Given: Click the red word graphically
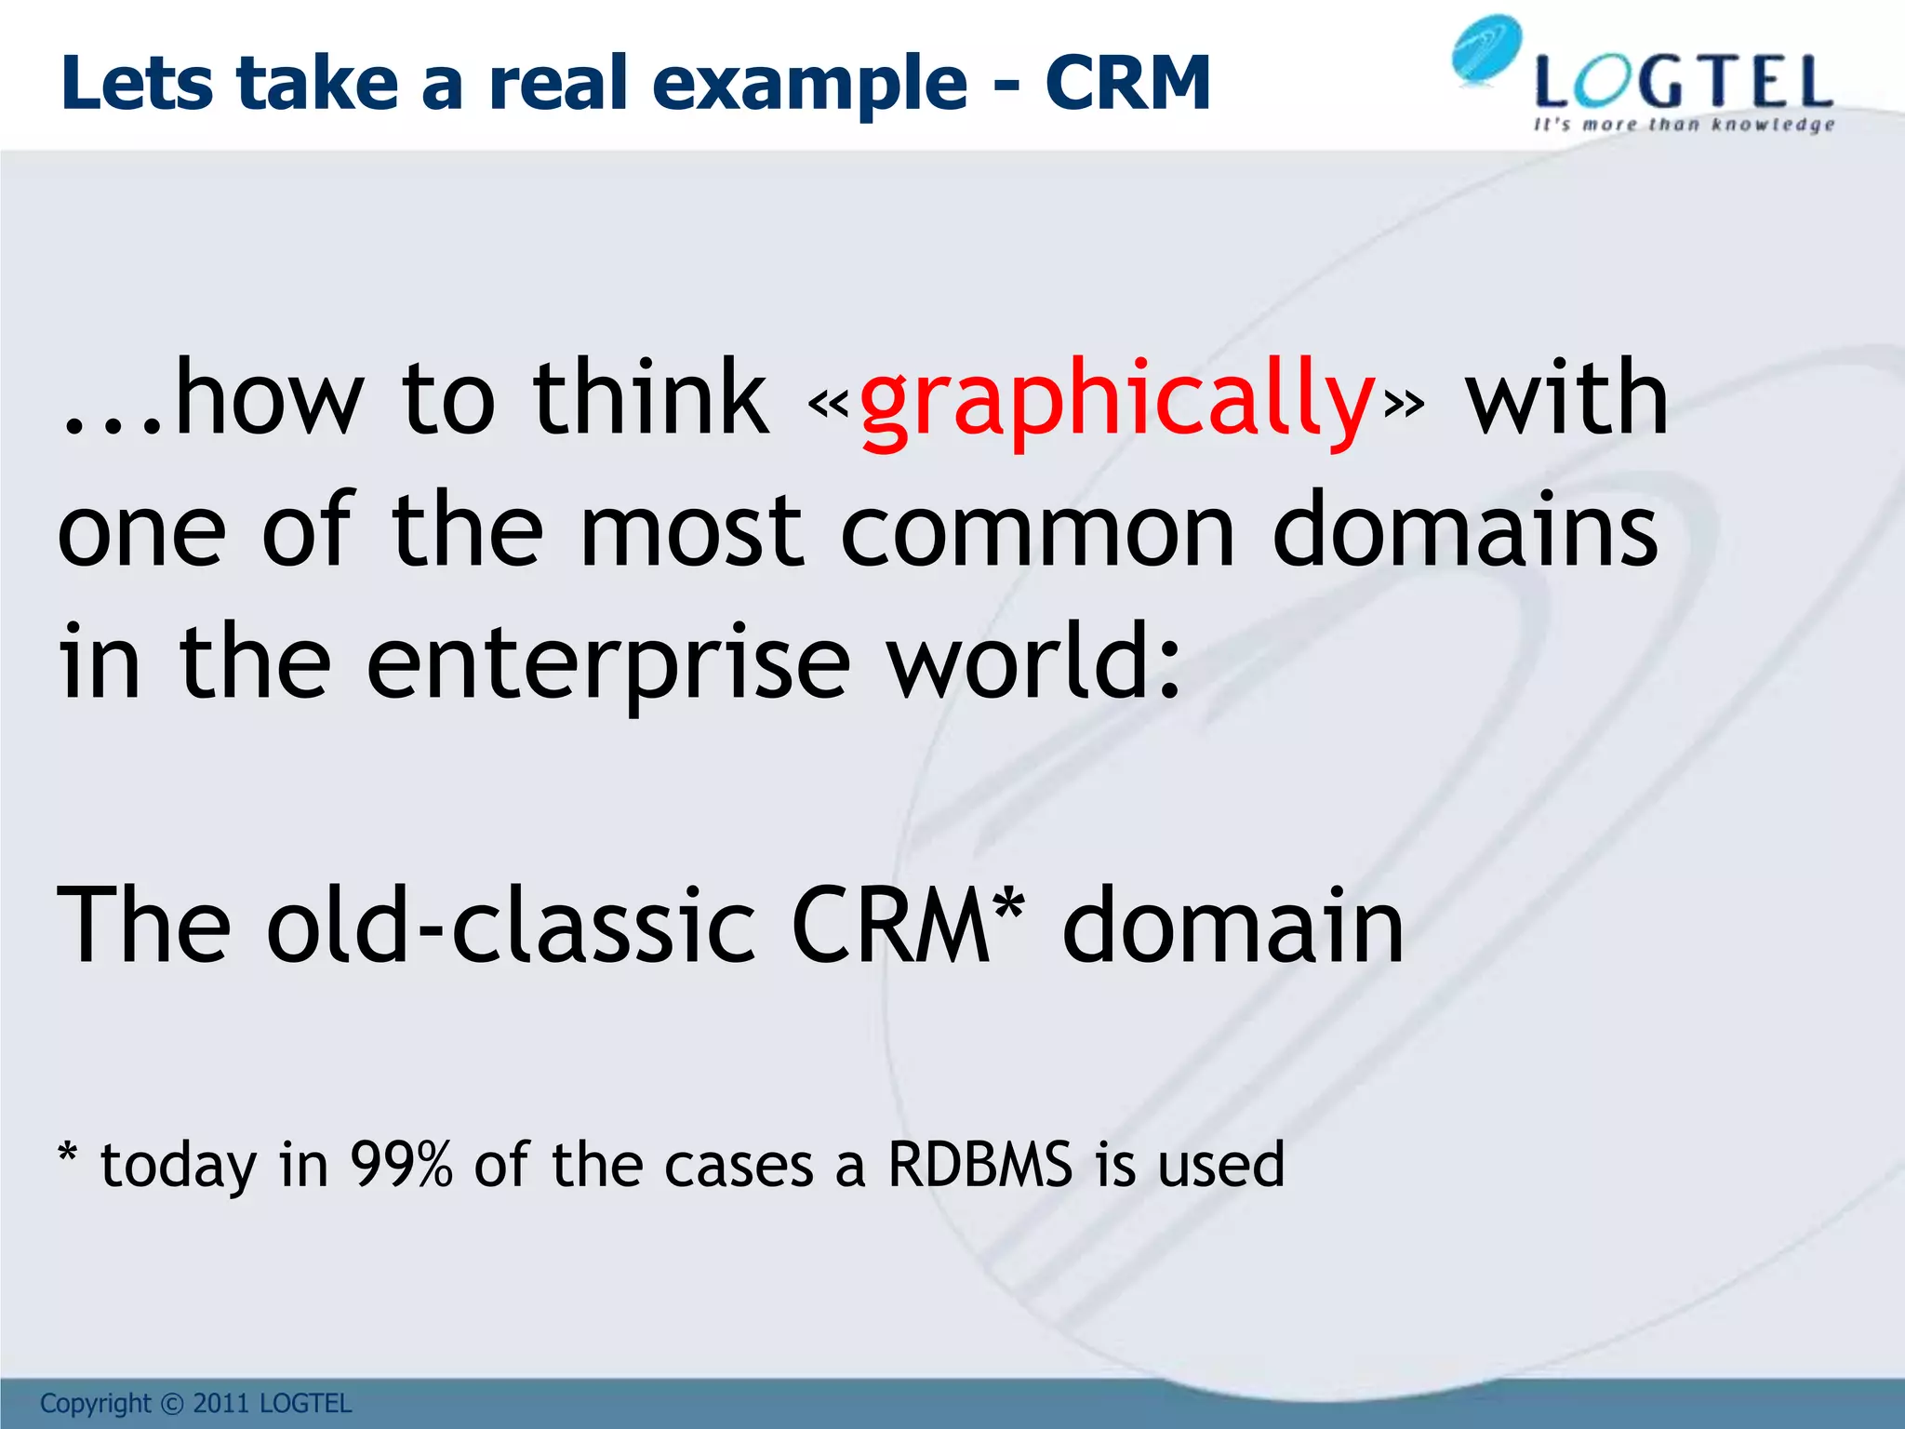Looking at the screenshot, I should pyautogui.click(x=1116, y=402).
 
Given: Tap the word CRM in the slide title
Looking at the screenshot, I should pyautogui.click(x=1127, y=84).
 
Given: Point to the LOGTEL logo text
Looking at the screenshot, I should pyautogui.click(x=1684, y=84).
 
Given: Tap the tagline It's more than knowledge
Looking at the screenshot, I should pyautogui.click(x=1684, y=125).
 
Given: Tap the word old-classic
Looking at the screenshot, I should pyautogui.click(x=510, y=926).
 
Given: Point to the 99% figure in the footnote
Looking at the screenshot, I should pyautogui.click(x=401, y=1165).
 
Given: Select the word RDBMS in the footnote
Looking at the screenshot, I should pyautogui.click(x=979, y=1165).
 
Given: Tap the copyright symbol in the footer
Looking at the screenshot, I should pyautogui.click(x=172, y=1403).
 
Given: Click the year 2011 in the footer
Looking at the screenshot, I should pyautogui.click(x=221, y=1403).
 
